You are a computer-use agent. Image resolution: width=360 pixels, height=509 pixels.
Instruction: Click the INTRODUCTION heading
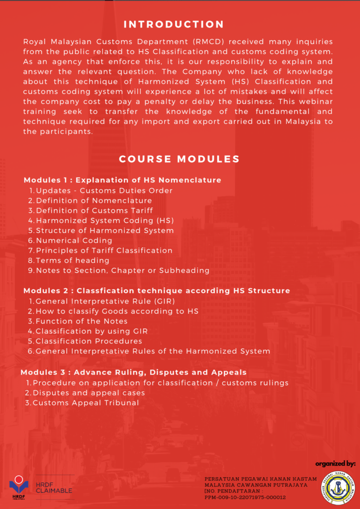(174, 24)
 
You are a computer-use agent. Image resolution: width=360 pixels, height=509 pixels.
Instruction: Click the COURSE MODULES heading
(179, 159)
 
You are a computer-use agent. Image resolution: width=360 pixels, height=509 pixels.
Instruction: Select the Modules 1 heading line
(122, 180)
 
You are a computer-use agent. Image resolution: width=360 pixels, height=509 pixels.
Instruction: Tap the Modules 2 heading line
(157, 290)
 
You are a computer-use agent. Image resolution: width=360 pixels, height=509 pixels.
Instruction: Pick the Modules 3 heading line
(133, 372)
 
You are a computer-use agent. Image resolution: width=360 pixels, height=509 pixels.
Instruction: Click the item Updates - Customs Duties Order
(104, 190)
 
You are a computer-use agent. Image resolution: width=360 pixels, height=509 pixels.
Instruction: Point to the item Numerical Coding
(74, 241)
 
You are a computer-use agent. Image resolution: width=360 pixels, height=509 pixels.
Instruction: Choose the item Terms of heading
(72, 260)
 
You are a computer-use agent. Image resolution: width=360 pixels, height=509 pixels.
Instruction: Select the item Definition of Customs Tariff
(94, 210)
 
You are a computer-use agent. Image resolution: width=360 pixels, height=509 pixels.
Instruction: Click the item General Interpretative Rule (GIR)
(105, 301)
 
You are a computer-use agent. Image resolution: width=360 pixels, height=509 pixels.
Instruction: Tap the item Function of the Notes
(81, 321)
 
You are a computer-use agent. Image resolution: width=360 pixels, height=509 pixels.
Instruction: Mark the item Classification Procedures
(89, 341)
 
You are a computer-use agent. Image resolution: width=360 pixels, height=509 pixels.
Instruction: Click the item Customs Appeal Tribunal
(86, 403)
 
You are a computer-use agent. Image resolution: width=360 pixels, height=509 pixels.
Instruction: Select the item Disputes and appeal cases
(89, 393)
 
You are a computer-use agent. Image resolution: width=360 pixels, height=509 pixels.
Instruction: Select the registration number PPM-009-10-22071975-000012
(245, 497)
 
